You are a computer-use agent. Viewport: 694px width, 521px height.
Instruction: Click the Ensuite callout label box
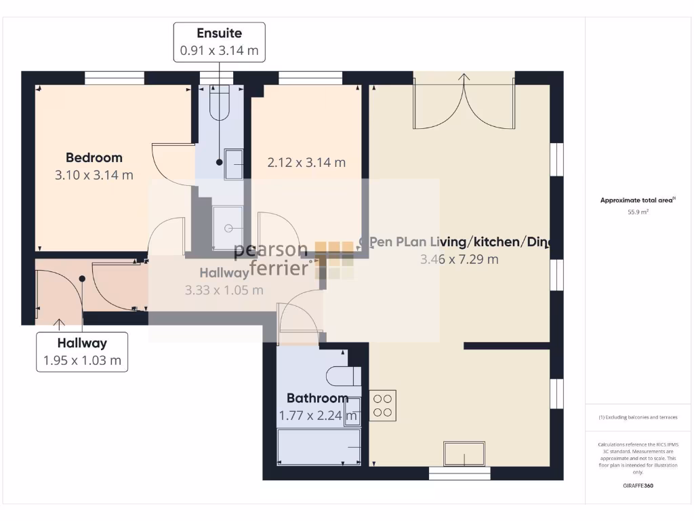point(219,42)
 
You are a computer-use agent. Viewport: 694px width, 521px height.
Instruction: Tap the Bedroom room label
point(94,157)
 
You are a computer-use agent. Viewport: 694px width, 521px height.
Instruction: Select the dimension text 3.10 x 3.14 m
point(94,175)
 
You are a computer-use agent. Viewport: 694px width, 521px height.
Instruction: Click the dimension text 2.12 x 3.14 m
point(306,163)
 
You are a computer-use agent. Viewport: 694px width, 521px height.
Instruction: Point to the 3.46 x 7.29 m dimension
point(459,259)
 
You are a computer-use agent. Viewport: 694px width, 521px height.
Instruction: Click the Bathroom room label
point(317,398)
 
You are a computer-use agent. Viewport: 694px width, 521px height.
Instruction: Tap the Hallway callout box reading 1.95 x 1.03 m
point(82,352)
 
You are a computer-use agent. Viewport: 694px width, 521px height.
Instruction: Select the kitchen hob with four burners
point(383,405)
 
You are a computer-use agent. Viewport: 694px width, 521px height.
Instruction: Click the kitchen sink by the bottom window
point(464,453)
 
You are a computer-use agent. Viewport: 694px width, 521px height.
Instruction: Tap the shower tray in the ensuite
point(228,223)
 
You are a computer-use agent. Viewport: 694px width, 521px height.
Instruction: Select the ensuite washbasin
point(234,163)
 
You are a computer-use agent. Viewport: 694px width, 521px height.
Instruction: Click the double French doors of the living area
point(464,102)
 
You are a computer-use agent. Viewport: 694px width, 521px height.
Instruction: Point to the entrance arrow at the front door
point(58,325)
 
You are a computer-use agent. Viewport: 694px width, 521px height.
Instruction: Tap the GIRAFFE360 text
point(638,486)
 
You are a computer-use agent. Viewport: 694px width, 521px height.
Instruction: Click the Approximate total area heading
point(637,200)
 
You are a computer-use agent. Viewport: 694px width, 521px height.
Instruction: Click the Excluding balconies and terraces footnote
point(638,417)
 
